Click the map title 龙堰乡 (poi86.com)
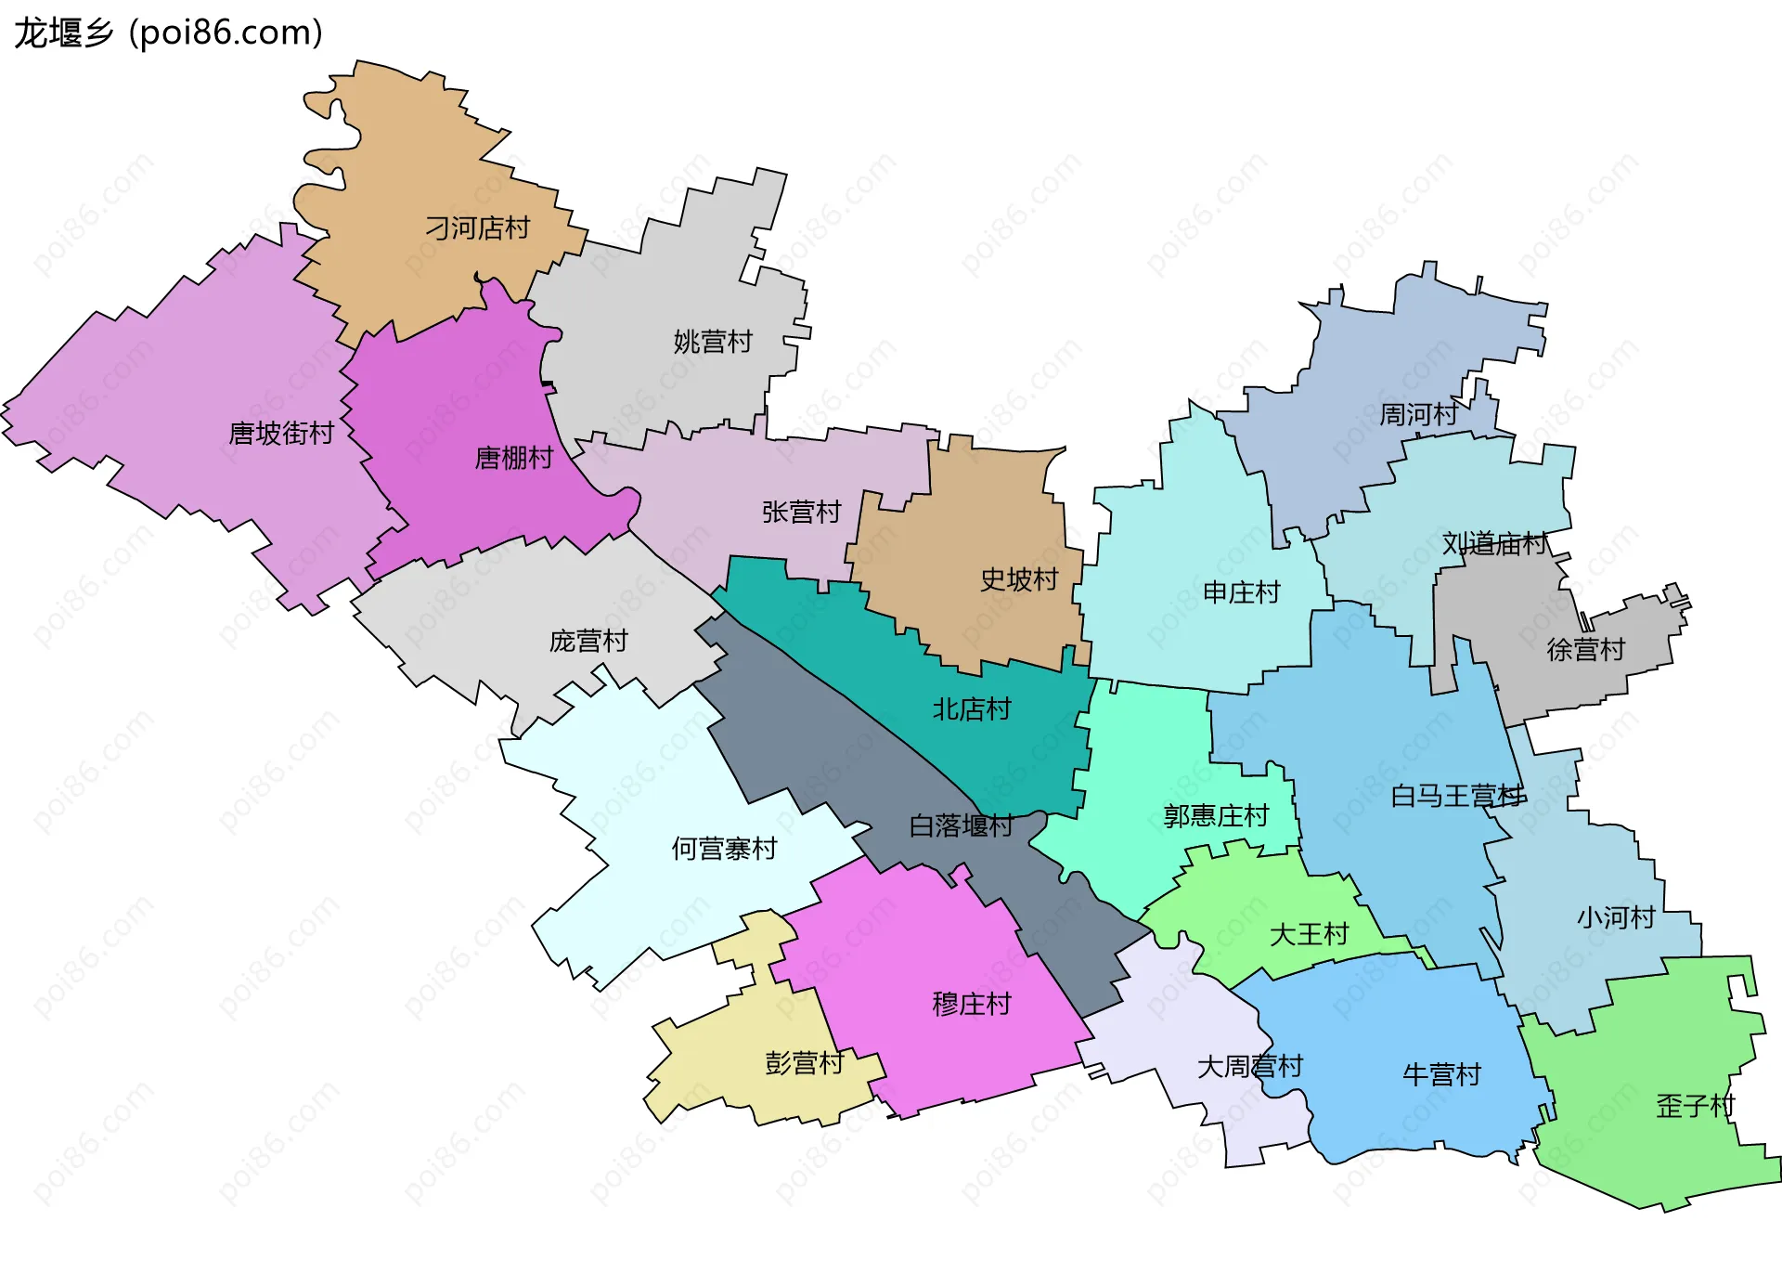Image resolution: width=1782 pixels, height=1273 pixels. click(168, 32)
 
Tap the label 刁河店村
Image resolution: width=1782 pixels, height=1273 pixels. click(477, 227)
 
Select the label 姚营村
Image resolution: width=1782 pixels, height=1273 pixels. click(712, 342)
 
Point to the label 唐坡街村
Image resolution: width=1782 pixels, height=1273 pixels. click(280, 433)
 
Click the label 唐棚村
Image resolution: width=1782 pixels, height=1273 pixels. click(513, 457)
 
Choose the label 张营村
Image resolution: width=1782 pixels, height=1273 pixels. click(801, 512)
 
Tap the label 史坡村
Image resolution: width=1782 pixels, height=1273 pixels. click(1019, 579)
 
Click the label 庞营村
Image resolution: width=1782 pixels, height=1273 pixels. click(588, 641)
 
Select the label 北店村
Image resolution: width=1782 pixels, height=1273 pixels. click(971, 709)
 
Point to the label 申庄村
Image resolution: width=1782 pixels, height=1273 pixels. click(1241, 592)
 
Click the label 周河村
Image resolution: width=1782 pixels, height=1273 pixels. click(1417, 414)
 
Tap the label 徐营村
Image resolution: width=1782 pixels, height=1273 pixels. click(1585, 649)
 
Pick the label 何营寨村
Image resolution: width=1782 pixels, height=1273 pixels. click(724, 849)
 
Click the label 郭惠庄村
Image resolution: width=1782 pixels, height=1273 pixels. click(1216, 816)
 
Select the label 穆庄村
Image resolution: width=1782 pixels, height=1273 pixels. click(971, 1004)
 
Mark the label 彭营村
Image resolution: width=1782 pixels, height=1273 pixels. click(804, 1063)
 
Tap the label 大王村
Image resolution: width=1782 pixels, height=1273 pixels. click(1309, 934)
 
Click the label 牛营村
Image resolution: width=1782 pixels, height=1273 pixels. click(1441, 1074)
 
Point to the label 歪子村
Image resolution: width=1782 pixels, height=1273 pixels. click(1695, 1106)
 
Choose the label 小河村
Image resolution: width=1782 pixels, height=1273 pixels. click(1616, 917)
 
